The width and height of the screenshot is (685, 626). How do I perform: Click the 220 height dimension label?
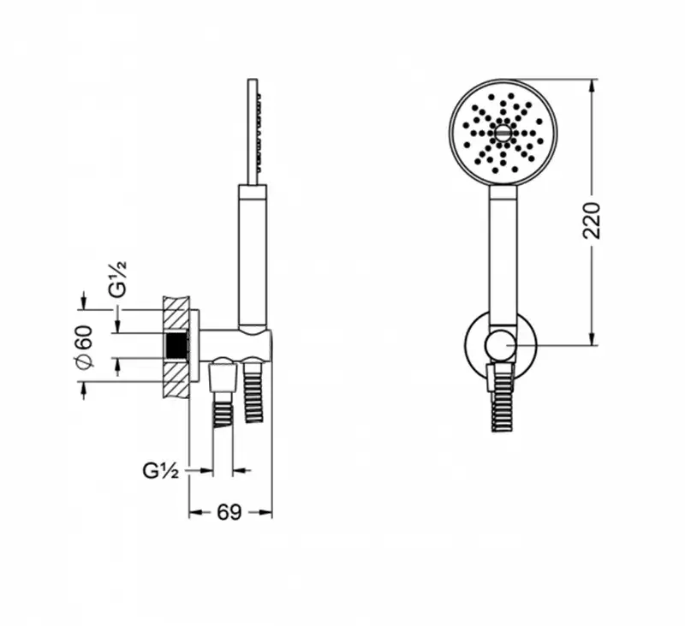[x=593, y=220]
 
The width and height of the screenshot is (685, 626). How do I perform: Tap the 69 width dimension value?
[x=229, y=512]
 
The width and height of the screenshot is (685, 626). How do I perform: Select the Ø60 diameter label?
[x=84, y=346]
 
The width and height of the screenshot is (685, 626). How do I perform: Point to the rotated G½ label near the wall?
[x=118, y=279]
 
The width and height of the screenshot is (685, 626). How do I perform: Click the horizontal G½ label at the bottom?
[x=161, y=470]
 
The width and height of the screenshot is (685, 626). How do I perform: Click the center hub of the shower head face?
[x=503, y=133]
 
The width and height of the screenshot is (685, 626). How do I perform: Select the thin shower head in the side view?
[x=253, y=132]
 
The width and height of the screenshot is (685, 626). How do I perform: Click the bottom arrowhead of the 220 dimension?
[x=593, y=338]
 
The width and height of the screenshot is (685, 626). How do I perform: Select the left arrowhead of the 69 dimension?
[x=195, y=512]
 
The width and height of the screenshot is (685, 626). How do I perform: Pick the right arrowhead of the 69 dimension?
[x=265, y=512]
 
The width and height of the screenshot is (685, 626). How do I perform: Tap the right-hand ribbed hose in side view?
[x=253, y=391]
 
